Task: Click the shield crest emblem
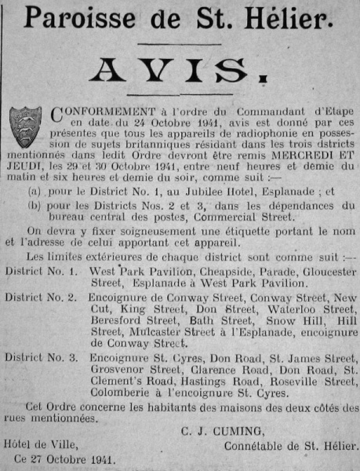(x=25, y=125)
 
